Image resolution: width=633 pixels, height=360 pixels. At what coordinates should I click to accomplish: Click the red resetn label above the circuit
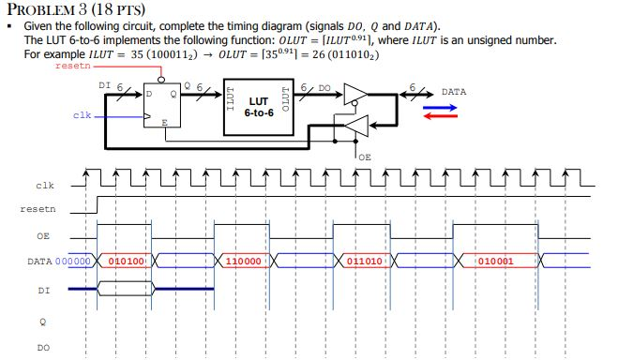click(x=74, y=67)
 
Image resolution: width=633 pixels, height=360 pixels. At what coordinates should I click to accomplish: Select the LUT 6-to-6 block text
click(x=259, y=106)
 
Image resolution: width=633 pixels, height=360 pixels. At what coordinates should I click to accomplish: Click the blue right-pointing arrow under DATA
click(x=440, y=107)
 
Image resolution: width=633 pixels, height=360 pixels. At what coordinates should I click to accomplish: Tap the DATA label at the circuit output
click(x=454, y=92)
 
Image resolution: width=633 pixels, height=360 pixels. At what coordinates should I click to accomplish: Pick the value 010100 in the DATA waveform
click(x=125, y=261)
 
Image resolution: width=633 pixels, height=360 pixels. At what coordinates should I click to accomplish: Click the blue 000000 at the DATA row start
click(x=73, y=261)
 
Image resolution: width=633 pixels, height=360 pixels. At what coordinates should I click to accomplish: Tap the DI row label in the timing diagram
click(x=43, y=291)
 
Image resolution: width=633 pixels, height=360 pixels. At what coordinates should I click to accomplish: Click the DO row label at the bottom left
click(x=43, y=348)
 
